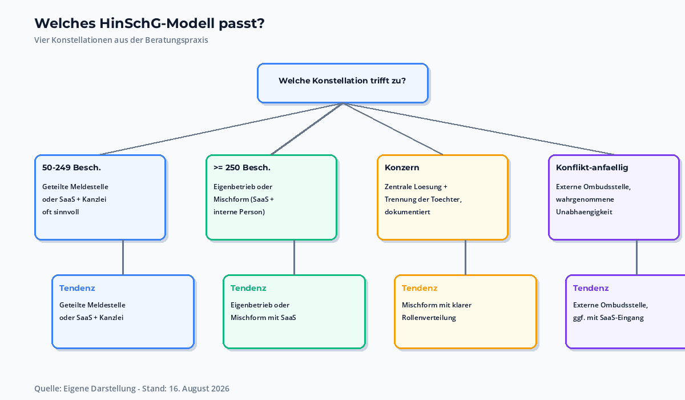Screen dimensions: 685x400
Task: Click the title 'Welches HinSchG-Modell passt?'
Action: (149, 23)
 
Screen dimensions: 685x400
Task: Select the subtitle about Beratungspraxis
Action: (121, 40)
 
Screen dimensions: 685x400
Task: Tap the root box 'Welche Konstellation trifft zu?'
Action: (342, 83)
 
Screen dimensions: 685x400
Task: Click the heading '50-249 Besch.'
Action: (71, 167)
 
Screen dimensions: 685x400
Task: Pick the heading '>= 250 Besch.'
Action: (242, 167)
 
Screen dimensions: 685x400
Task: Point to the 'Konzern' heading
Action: (402, 167)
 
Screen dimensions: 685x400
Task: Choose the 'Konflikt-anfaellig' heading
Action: (592, 167)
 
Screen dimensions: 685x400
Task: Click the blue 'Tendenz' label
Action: (77, 288)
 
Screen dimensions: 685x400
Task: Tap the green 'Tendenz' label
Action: (248, 288)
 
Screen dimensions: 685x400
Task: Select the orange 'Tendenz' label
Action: (420, 288)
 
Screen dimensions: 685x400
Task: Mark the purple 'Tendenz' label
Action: (591, 288)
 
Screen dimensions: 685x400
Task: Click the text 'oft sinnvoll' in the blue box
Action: (61, 212)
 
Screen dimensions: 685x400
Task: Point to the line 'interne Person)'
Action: (239, 212)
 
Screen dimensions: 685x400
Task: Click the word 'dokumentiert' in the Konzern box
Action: (408, 212)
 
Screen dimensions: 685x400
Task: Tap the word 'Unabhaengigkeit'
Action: (584, 212)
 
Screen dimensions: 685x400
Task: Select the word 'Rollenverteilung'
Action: (429, 318)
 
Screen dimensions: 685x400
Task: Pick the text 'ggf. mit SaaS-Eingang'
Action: (609, 318)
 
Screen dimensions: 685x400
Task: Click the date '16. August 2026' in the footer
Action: (199, 389)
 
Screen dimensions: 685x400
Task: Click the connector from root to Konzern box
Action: (393, 129)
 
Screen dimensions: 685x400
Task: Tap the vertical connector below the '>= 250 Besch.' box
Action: (294, 257)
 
